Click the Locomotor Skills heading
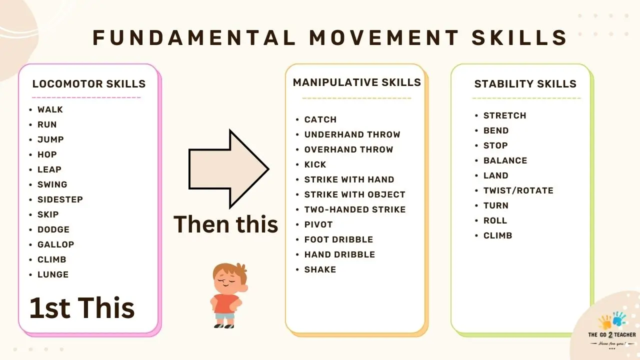pos(88,84)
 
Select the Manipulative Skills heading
pos(356,82)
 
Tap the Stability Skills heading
pos(525,84)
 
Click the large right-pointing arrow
pos(228,169)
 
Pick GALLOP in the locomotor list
pos(55,244)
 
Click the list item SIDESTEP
pos(60,199)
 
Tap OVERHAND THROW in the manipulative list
pos(348,149)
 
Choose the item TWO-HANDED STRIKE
pos(354,209)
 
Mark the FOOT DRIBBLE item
pos(338,239)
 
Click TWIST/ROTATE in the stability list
pos(518,190)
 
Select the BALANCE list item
pos(505,160)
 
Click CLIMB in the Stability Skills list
pos(497,235)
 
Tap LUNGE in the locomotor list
pos(53,274)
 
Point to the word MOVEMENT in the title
pos(384,38)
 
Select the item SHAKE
pos(320,269)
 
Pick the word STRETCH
pos(504,115)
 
